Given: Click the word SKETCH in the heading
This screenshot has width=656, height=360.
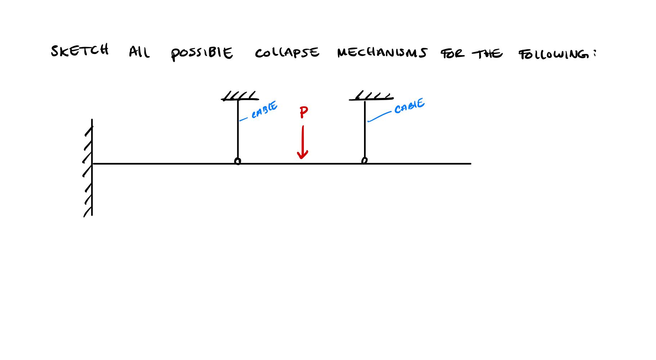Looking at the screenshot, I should [80, 51].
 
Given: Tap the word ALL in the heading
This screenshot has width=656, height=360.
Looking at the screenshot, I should [139, 53].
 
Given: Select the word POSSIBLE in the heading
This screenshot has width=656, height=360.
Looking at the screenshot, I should [202, 53].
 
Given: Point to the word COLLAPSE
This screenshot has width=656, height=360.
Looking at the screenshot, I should [287, 53].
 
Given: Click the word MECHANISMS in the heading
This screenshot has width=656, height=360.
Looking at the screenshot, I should [382, 53].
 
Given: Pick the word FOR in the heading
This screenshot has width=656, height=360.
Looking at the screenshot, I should [453, 54].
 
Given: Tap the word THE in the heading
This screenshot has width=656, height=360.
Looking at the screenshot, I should [487, 54].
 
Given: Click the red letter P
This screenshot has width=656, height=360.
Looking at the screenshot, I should [304, 113].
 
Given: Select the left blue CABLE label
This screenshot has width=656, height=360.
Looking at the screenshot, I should [265, 110].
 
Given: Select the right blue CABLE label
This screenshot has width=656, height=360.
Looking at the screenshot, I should [409, 106].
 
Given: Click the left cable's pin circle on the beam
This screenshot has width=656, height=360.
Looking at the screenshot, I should [238, 161].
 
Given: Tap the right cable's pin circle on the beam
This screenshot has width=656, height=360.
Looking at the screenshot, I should [364, 160].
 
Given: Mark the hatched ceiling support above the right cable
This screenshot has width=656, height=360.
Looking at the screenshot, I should [371, 96].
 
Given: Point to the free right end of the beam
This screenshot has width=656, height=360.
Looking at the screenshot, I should [469, 164].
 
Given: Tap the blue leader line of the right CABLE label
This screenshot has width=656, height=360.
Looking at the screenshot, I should [379, 116].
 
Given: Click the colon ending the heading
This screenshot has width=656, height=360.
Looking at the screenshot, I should [595, 53].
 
